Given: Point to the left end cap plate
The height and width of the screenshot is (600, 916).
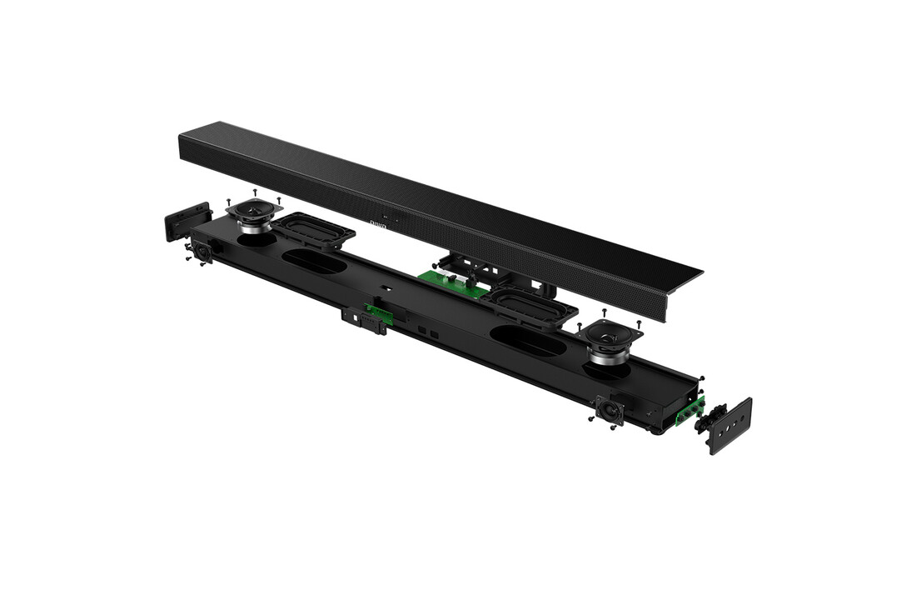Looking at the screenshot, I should point(188,222).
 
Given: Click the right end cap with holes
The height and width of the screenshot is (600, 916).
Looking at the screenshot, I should point(729,424).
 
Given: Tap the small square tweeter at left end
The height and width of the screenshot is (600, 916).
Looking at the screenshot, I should point(202,249).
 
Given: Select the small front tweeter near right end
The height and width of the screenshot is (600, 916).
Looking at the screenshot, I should point(609,410).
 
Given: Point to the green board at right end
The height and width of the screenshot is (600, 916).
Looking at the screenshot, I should point(689,412).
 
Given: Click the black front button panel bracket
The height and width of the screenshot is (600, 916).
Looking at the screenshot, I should point(363,320).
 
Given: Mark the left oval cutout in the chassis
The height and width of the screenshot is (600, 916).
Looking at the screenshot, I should point(314,262).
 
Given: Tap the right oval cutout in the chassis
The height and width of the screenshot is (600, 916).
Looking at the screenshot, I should point(528,341).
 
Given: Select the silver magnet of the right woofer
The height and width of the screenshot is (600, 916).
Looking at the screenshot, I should point(610,356).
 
